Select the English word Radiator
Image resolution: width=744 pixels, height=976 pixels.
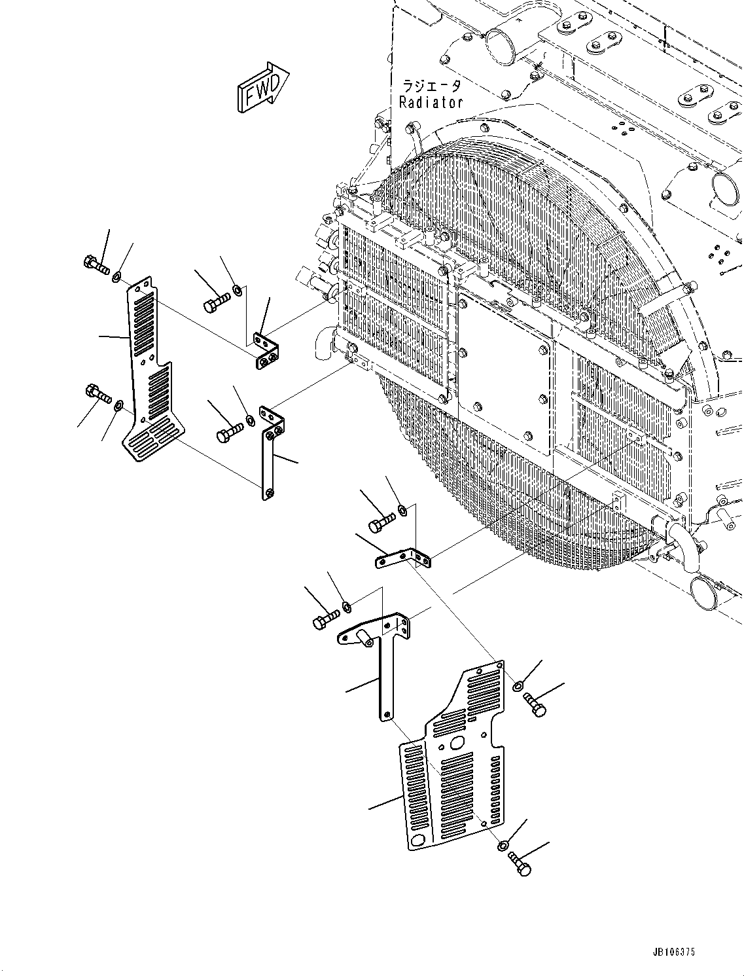click(431, 102)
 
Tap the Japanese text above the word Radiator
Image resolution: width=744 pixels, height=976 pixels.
click(431, 86)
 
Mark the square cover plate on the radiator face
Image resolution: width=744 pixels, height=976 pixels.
click(505, 372)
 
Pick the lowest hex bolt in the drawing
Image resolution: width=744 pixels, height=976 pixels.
click(520, 863)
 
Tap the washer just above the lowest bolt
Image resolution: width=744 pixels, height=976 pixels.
click(503, 846)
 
